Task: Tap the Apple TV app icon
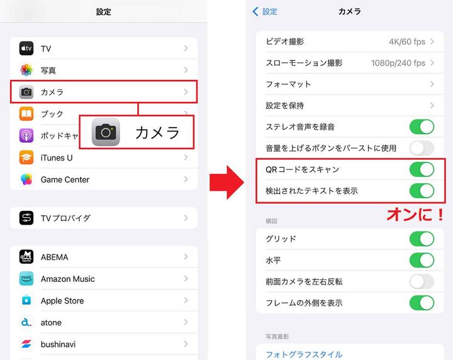[x=26, y=48]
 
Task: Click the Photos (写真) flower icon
[x=26, y=70]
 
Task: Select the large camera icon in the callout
[x=106, y=132]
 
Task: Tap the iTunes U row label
[x=57, y=157]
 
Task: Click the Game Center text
[x=65, y=179]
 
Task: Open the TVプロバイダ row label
[x=65, y=218]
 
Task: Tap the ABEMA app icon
[x=26, y=257]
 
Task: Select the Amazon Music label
[x=67, y=279]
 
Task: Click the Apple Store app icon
[x=26, y=301]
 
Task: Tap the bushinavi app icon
[x=26, y=344]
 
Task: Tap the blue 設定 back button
[x=265, y=11]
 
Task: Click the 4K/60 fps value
[x=407, y=42]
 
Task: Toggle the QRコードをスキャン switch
[x=422, y=169]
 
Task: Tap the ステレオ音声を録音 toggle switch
[x=422, y=127]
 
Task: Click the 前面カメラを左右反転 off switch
[x=422, y=281]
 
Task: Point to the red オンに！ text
[x=415, y=214]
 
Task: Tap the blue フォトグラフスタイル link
[x=304, y=354]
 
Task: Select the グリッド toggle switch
[x=422, y=239]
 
